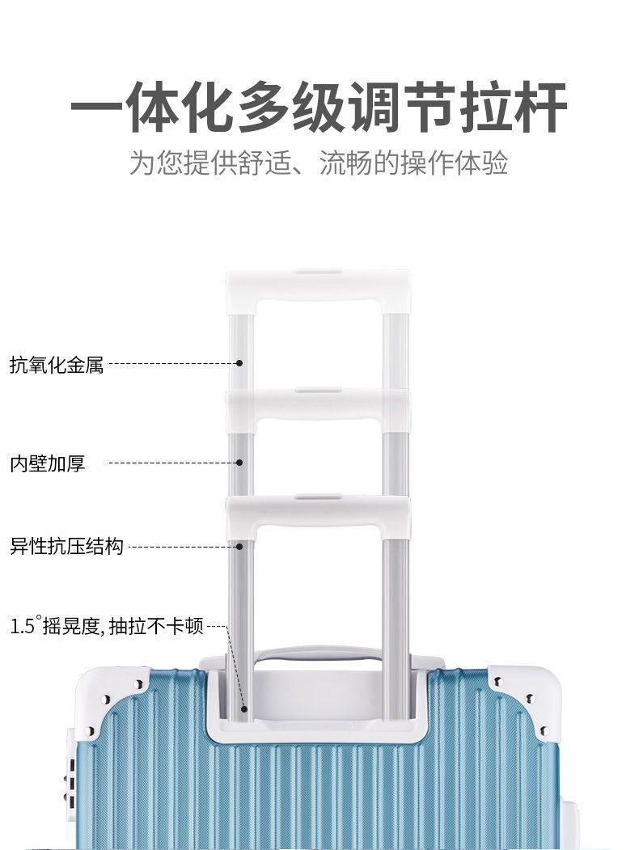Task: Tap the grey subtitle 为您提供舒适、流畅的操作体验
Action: (319, 163)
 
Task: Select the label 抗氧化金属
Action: (57, 365)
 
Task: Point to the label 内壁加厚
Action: (47, 463)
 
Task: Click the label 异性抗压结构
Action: (66, 547)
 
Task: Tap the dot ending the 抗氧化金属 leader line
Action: (239, 364)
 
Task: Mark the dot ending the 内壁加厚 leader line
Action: (239, 463)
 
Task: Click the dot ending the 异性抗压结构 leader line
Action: (239, 547)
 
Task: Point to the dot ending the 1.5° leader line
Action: (243, 709)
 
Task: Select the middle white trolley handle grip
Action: (317, 404)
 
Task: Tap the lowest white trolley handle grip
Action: (317, 511)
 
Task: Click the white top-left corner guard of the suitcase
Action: (113, 691)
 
